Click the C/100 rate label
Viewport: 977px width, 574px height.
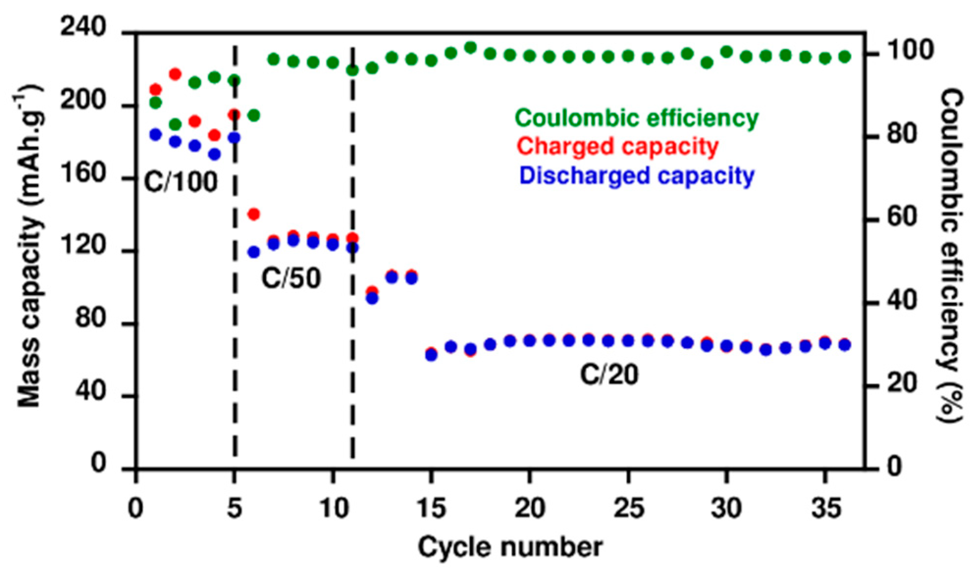[180, 182]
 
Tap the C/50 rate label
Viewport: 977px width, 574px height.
[291, 278]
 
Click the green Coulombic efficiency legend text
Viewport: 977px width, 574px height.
[636, 118]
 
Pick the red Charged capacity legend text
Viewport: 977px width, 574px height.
[617, 147]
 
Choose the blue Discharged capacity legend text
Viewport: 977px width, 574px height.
[636, 175]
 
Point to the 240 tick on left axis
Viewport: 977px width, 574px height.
[82, 27]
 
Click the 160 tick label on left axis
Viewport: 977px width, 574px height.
[82, 173]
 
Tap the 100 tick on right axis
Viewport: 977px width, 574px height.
[910, 50]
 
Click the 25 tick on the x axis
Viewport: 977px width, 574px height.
[628, 508]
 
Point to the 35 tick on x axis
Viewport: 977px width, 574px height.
[825, 508]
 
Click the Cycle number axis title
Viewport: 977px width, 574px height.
[510, 547]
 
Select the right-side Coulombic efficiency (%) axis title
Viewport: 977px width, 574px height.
[951, 255]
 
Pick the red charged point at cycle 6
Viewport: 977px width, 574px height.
[254, 214]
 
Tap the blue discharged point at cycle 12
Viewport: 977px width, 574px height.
[372, 298]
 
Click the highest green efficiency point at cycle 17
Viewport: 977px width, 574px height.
[470, 48]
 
